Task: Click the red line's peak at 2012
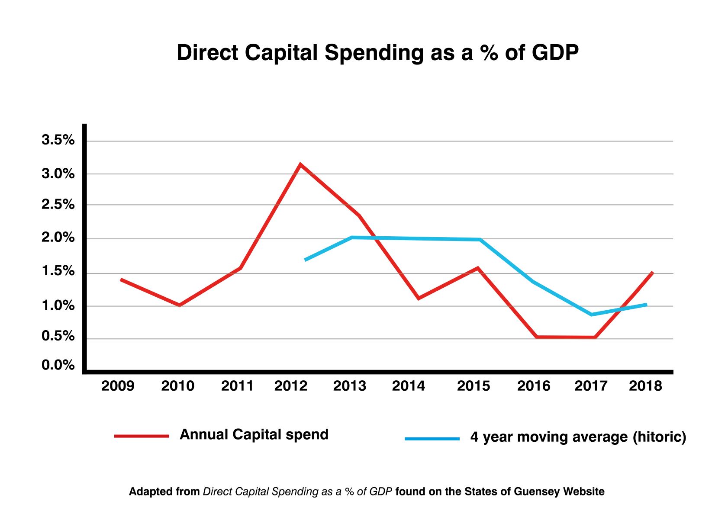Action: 300,165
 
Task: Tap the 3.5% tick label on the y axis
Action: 58,140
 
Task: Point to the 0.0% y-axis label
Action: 58,365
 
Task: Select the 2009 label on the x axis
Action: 118,386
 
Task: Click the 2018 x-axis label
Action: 645,386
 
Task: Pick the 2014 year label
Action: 409,386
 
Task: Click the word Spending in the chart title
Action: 374,53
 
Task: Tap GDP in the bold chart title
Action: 555,53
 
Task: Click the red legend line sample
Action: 142,436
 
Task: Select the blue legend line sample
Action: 432,439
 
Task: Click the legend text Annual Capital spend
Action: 254,434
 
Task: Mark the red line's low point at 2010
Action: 179,305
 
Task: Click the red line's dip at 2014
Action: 419,298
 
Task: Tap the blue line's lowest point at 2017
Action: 592,314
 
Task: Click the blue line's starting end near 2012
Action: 306,260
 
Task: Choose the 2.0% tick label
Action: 58,238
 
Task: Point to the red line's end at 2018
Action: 652,273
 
